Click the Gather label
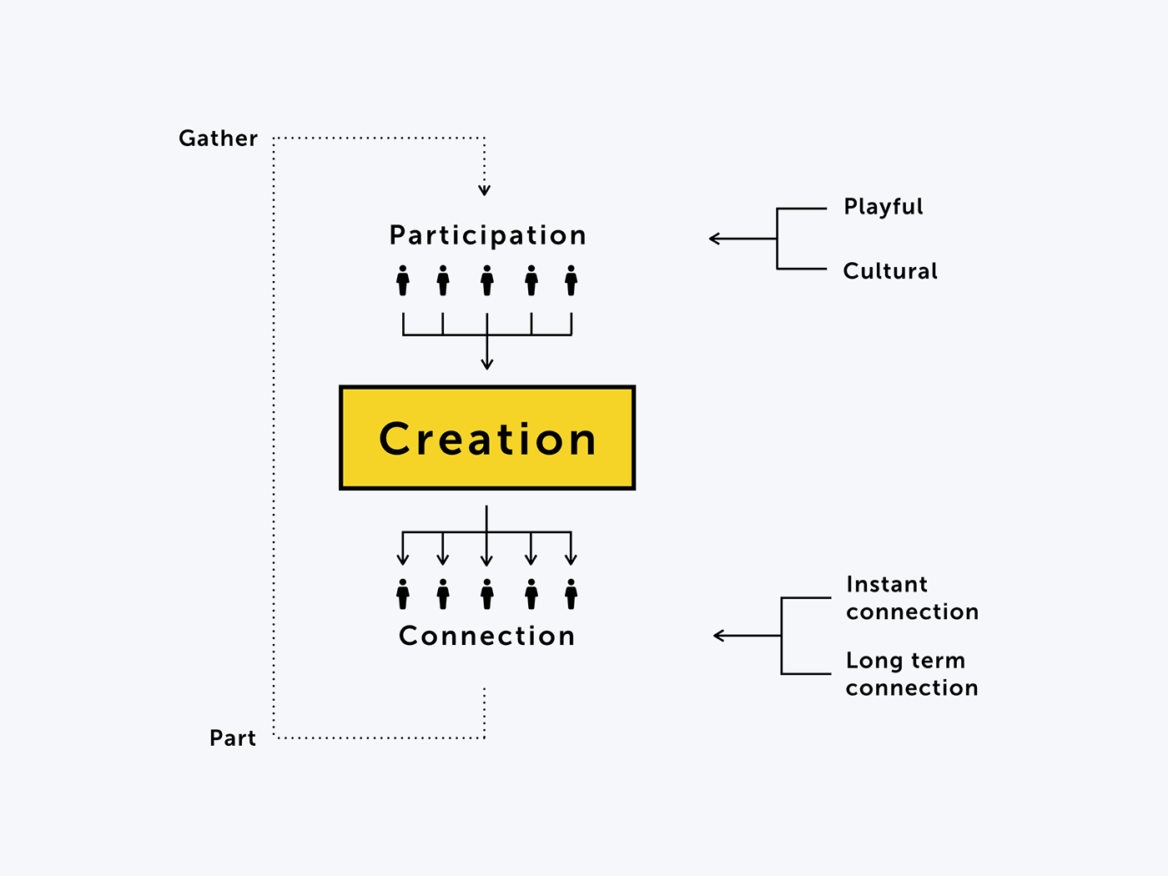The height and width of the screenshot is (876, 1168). [x=219, y=138]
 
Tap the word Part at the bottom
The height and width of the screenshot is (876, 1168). [x=233, y=738]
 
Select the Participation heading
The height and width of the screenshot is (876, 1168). [x=488, y=235]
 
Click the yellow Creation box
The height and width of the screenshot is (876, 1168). [x=487, y=438]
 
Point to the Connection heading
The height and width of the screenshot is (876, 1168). [x=487, y=636]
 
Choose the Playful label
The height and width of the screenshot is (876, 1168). [x=884, y=207]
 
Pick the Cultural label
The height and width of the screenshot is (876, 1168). [x=890, y=271]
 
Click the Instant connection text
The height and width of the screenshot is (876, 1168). [x=912, y=598]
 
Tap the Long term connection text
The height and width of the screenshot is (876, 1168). [x=912, y=674]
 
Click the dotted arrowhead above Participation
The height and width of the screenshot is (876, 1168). [x=484, y=191]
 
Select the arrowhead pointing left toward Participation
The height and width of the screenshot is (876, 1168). [x=713, y=239]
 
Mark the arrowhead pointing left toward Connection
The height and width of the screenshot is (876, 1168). [x=718, y=636]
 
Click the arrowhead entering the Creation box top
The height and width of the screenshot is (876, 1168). [x=487, y=364]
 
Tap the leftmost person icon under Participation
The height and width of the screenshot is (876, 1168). [x=403, y=280]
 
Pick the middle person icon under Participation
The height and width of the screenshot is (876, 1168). [x=487, y=280]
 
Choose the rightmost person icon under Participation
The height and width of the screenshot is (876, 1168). [x=571, y=280]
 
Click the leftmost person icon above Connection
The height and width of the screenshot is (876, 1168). [x=403, y=594]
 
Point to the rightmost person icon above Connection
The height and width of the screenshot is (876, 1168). [x=571, y=594]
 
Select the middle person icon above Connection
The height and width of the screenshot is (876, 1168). [x=487, y=594]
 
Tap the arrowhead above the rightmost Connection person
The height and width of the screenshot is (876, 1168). [x=571, y=560]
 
